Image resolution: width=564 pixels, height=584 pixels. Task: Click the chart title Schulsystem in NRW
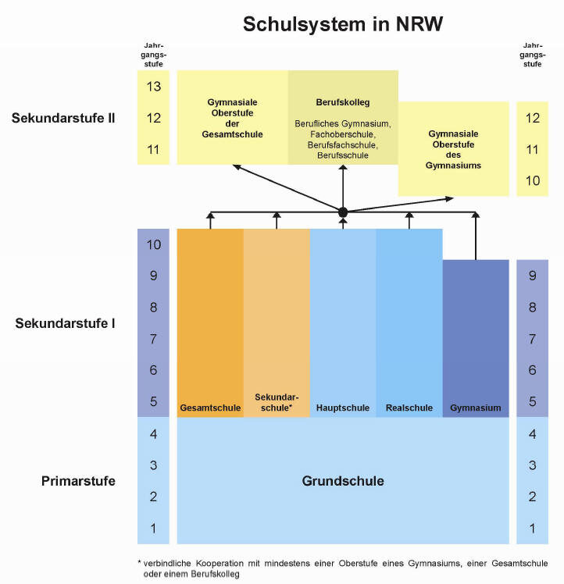pos(343,24)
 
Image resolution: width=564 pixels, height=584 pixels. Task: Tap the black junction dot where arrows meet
pos(343,212)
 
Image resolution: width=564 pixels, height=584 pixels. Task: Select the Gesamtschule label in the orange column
pos(210,408)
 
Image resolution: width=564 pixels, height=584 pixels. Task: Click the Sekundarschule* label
pos(277,402)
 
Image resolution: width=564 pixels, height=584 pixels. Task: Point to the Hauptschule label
pos(343,408)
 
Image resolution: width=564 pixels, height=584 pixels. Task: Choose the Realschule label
pos(409,408)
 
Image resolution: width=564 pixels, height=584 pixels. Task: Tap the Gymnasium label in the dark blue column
pos(475,408)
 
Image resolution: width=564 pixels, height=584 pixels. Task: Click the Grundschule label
pos(343,481)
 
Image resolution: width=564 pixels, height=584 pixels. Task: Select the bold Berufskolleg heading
pos(343,102)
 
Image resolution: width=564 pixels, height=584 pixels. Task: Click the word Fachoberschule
pos(342,134)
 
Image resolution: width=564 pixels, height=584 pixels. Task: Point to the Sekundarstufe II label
pos(63,118)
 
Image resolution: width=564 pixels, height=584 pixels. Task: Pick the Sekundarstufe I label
pos(65,323)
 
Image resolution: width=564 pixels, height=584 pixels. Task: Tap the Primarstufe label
pos(78,481)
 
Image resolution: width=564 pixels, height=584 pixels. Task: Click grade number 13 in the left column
pos(153,87)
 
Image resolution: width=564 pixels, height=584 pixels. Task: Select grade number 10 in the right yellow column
pos(532,180)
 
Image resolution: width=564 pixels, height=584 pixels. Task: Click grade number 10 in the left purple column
pos(153,244)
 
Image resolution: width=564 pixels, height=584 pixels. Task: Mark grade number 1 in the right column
pos(532,528)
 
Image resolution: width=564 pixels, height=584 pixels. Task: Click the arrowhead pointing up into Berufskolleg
pos(343,167)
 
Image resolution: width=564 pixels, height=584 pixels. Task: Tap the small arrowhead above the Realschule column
pos(409,215)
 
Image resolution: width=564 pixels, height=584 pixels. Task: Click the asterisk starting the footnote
pos(139,562)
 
